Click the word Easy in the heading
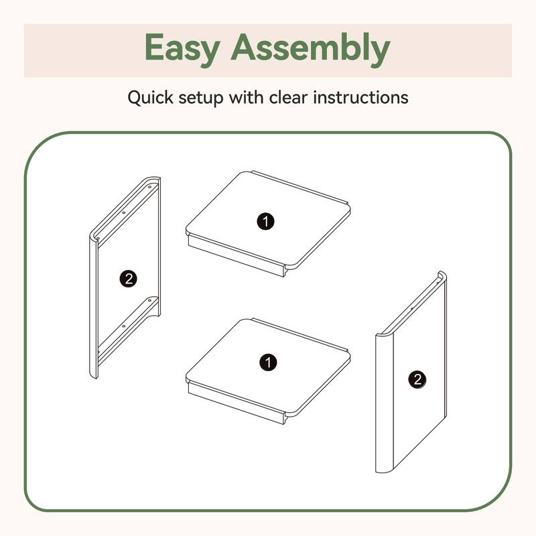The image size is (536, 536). point(182,48)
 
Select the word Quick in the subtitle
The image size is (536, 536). point(150,97)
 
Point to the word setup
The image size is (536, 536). point(200,98)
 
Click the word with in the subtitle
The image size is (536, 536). point(246,97)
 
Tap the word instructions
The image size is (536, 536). point(360,97)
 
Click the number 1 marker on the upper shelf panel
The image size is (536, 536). point(265,221)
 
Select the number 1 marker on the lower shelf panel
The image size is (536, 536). point(268,362)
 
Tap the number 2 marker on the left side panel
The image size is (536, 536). point(128,279)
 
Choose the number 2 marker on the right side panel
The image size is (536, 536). point(417,379)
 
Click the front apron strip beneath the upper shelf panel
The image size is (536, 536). point(237,256)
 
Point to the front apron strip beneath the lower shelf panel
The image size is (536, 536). point(237,403)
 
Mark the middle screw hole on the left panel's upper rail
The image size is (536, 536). point(124,212)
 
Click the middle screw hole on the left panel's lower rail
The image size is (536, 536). point(124,326)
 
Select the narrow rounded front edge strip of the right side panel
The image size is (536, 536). point(385,403)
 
